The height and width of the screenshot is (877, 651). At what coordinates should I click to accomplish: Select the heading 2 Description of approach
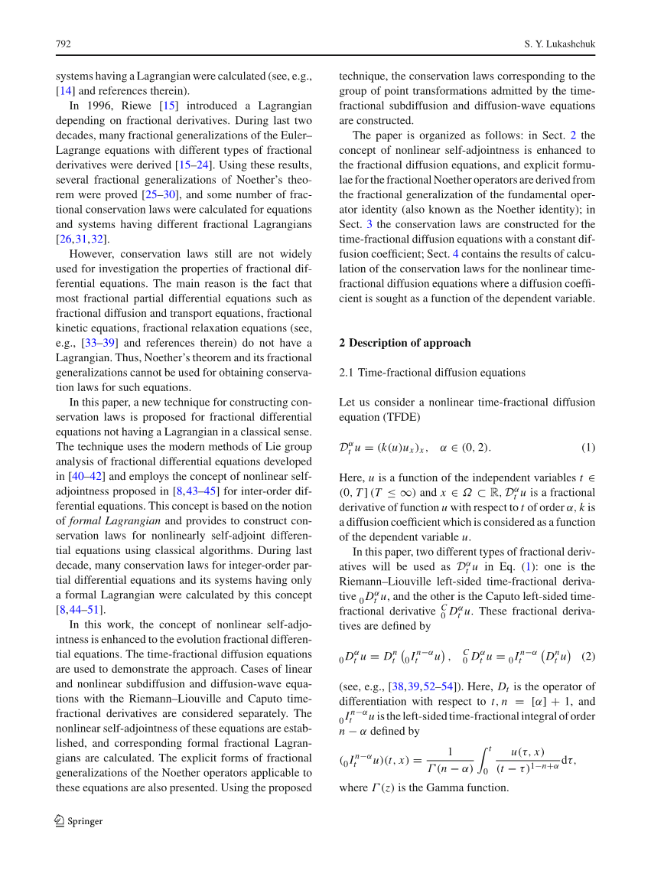405,343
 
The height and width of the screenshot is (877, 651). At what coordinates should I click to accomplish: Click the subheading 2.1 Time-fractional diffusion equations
432,373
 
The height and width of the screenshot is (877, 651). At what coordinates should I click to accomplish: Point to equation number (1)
588,447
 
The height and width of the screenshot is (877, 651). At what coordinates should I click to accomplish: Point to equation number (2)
588,656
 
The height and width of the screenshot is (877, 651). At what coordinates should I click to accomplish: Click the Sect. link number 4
477,254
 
